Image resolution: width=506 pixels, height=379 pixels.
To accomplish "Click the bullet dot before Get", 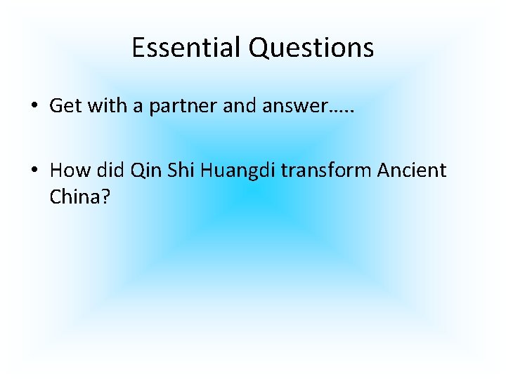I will point(34,107).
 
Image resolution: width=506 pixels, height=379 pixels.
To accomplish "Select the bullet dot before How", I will point(34,171).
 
